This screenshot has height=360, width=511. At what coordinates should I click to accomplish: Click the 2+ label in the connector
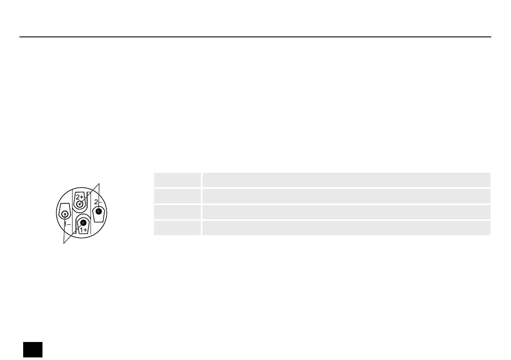(x=79, y=197)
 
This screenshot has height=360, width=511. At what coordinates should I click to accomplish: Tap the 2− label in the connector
(x=98, y=202)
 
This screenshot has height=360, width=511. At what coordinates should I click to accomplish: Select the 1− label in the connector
(x=67, y=224)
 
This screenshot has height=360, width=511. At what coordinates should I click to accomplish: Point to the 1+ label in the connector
(x=84, y=230)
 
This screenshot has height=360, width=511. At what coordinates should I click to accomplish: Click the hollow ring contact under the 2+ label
(x=79, y=204)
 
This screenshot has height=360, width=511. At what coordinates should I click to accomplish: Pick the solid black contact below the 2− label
(x=99, y=212)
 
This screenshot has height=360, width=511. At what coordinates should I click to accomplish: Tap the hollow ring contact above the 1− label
(x=65, y=215)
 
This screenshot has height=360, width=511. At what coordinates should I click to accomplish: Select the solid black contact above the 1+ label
(x=83, y=223)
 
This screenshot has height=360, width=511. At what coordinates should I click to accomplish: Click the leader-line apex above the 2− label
(x=99, y=184)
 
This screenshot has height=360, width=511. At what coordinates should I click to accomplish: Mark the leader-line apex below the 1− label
(x=64, y=243)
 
